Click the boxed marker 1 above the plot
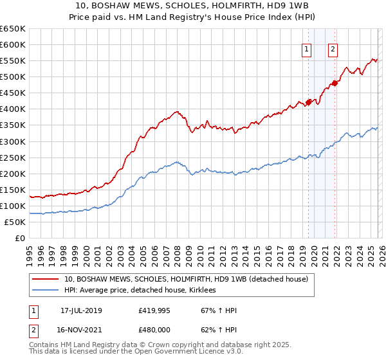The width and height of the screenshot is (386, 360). (x=307, y=49)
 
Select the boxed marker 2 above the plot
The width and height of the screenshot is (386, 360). (x=333, y=49)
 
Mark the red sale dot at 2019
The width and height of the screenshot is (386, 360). (x=308, y=102)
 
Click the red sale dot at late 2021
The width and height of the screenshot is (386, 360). (x=335, y=82)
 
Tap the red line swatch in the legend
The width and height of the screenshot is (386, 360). (x=47, y=280)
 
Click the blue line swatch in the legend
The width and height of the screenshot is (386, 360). (x=47, y=291)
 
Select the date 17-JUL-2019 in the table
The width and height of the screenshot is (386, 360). (x=86, y=310)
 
